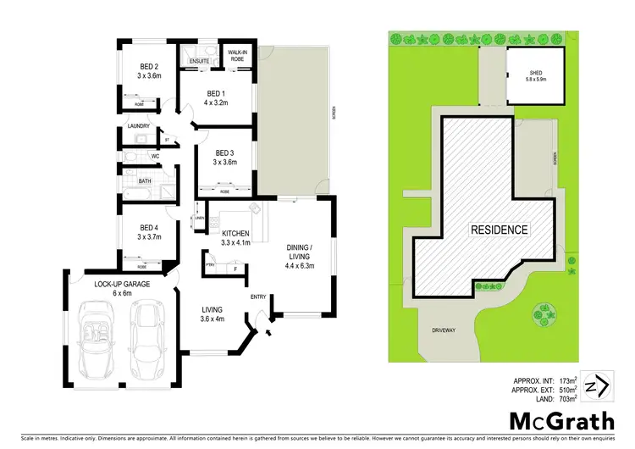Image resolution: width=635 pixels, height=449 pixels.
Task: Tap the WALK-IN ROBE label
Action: click(x=238, y=56)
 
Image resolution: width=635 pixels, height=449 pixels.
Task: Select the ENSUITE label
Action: click(x=200, y=62)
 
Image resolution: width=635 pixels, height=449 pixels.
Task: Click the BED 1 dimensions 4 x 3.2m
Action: click(x=217, y=103)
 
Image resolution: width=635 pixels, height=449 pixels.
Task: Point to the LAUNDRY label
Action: click(x=139, y=126)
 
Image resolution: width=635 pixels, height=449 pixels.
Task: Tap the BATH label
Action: click(x=144, y=180)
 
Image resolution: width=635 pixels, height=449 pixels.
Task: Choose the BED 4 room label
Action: click(x=149, y=227)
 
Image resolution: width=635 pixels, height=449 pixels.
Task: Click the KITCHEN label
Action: click(x=236, y=234)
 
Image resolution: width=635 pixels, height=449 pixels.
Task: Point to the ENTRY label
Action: click(x=259, y=297)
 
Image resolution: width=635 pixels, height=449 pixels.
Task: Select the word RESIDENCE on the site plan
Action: click(x=500, y=230)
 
